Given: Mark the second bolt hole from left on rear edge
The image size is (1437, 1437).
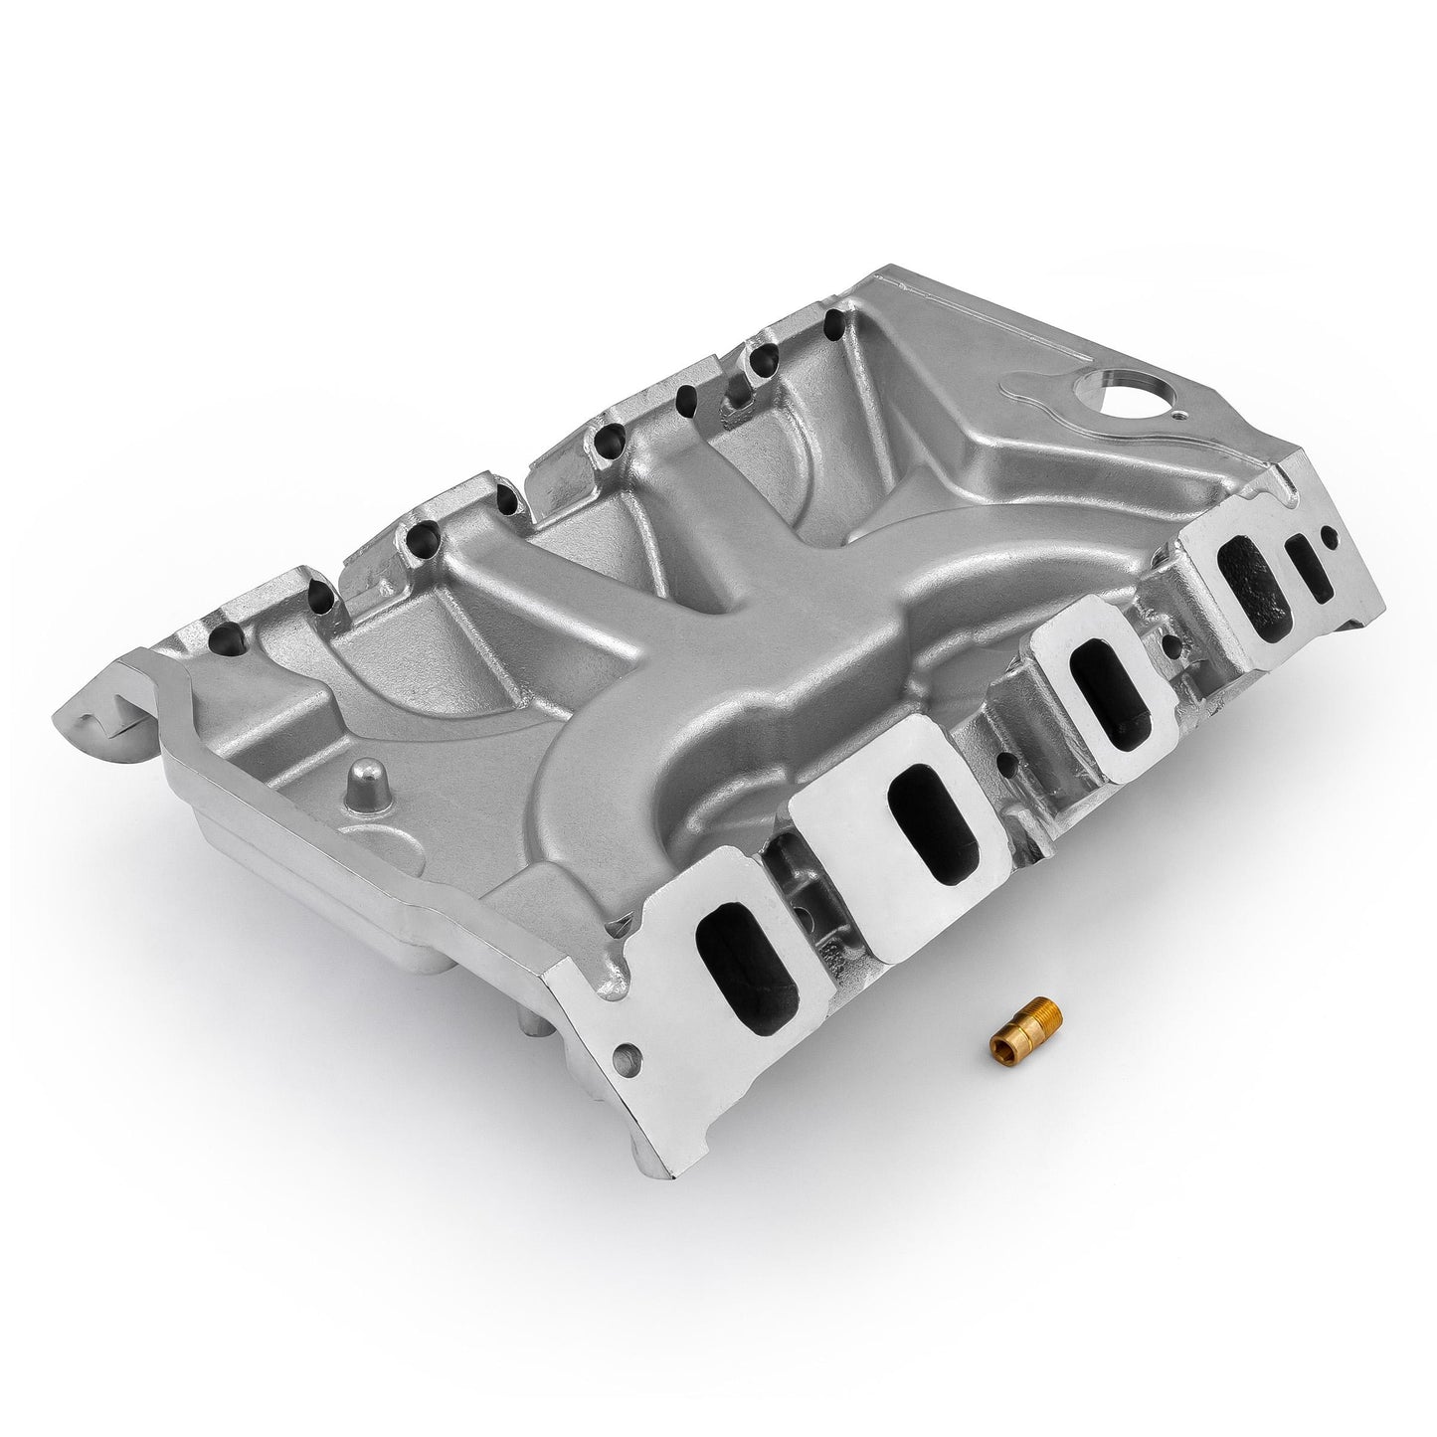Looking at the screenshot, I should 322,593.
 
